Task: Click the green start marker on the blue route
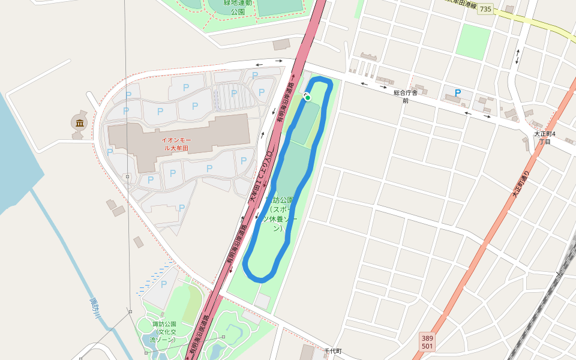(x=308, y=97)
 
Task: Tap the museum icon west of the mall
(x=79, y=123)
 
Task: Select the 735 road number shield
(x=485, y=9)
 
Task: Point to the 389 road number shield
(x=427, y=338)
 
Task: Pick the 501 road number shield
(x=427, y=346)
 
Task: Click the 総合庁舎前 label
(x=406, y=97)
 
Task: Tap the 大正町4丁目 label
(x=545, y=137)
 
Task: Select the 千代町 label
(x=332, y=351)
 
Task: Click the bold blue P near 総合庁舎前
(x=458, y=94)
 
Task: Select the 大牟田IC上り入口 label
(x=262, y=176)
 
